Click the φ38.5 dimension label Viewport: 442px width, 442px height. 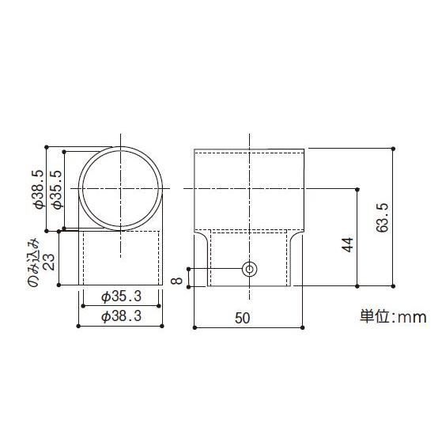(x=36, y=189)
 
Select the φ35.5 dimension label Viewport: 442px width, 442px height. (x=55, y=189)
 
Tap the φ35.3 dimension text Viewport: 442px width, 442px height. (x=120, y=297)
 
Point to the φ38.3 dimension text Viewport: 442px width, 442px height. (x=120, y=316)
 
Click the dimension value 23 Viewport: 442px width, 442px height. (x=50, y=260)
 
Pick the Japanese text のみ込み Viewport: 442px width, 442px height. (x=32, y=260)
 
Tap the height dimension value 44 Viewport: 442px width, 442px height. (x=348, y=244)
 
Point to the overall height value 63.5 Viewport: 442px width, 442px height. (x=383, y=217)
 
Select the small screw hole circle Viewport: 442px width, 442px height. (x=250, y=270)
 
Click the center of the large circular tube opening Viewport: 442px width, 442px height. (x=121, y=188)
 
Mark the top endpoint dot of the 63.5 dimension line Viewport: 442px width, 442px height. (x=393, y=148)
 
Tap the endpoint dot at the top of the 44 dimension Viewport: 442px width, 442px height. (x=358, y=189)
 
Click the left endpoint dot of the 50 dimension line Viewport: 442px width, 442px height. (x=195, y=324)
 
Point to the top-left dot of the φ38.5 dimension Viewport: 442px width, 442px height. (x=48, y=146)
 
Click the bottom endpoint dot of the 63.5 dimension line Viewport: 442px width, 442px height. (x=393, y=286)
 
